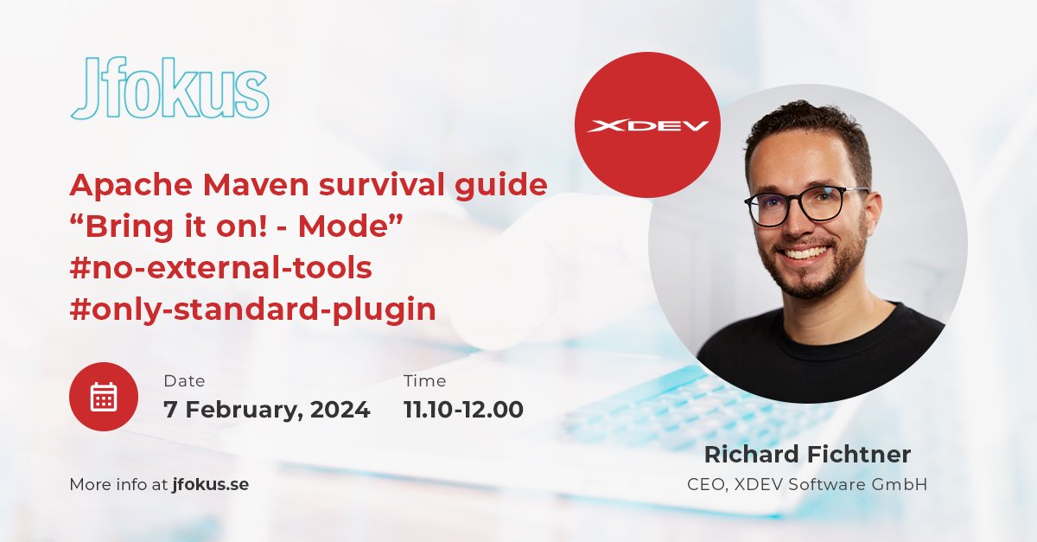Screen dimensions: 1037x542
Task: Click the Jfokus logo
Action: pos(169,89)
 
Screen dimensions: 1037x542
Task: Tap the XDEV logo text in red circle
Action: pos(647,126)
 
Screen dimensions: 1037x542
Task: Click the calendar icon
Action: pos(104,397)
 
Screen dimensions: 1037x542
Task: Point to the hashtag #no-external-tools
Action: pos(220,269)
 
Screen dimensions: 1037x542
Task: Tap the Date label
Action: pos(184,381)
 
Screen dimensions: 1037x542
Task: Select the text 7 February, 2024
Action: pos(266,410)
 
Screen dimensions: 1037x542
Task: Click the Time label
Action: pos(424,381)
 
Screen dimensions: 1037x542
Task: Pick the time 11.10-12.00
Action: pos(463,410)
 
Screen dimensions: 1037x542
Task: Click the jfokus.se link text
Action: pos(210,485)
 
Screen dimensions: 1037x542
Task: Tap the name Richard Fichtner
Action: pos(807,455)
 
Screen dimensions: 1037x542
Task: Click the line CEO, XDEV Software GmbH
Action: pos(807,485)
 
